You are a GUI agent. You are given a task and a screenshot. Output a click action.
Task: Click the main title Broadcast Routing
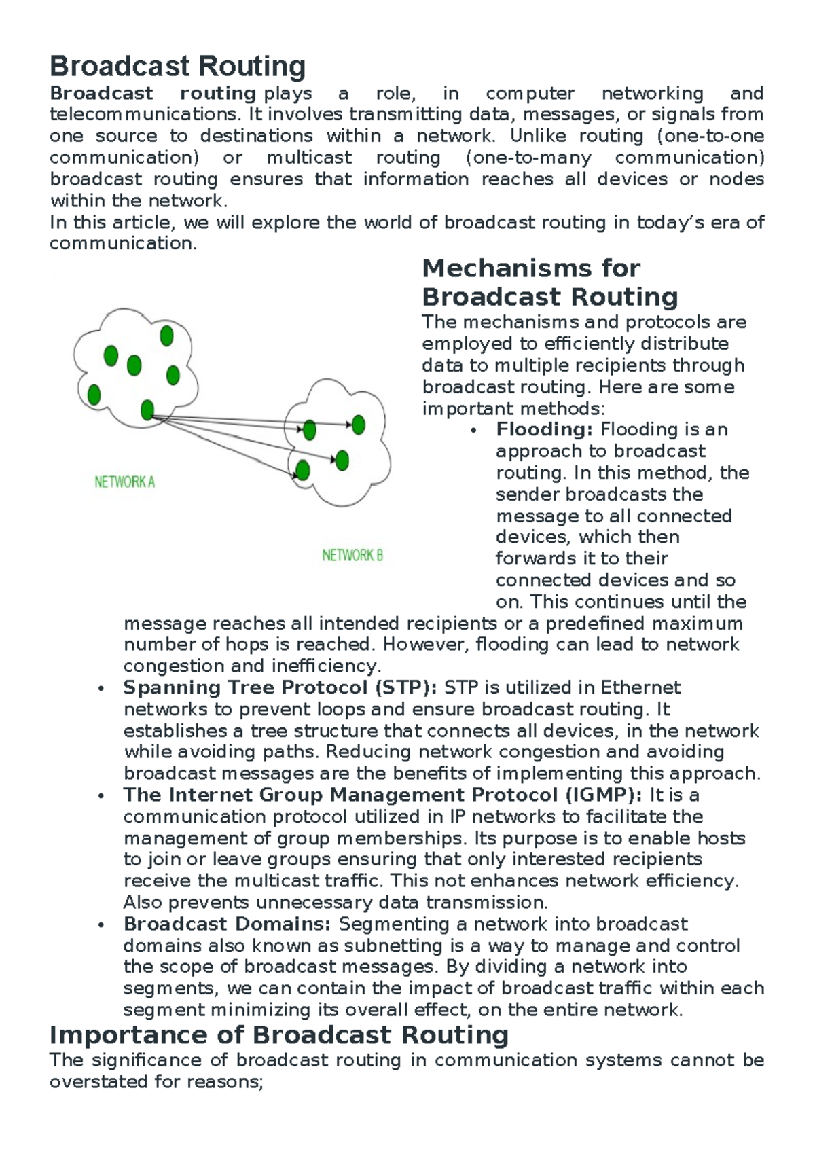tap(177, 67)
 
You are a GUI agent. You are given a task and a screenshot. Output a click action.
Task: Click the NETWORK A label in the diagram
tap(124, 482)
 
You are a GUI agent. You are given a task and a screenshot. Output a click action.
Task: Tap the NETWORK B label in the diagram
tap(352, 556)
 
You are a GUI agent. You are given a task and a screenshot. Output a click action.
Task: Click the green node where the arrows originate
tap(147, 410)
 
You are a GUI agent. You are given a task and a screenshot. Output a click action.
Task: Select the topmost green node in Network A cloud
tap(166, 336)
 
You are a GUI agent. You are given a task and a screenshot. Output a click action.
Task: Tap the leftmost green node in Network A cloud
tap(94, 395)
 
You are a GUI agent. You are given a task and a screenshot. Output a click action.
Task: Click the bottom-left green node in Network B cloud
tap(303, 470)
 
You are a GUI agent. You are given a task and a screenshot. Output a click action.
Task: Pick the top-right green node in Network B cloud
tap(359, 425)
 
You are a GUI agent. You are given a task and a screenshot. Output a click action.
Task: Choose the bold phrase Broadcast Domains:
tap(227, 924)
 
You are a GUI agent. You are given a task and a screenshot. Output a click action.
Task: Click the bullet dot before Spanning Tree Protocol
tap(101, 689)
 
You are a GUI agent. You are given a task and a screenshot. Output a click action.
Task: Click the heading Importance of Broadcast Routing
tap(279, 1034)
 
